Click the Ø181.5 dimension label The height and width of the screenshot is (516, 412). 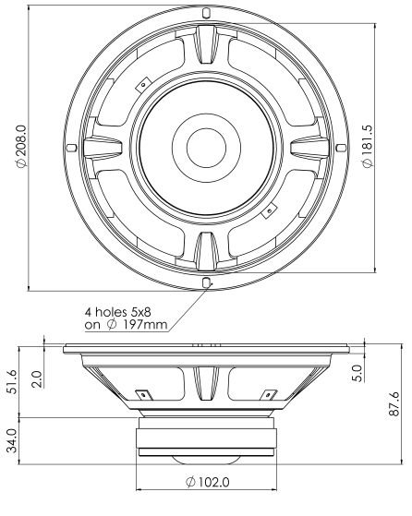[367, 148]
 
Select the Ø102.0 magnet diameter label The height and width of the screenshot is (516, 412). [207, 481]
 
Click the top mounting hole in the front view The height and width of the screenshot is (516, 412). [205, 15]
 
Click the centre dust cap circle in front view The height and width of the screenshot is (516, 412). [205, 148]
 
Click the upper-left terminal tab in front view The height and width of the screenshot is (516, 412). [141, 85]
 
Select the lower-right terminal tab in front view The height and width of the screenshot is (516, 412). [268, 211]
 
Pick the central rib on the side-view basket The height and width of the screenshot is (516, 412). [205, 383]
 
